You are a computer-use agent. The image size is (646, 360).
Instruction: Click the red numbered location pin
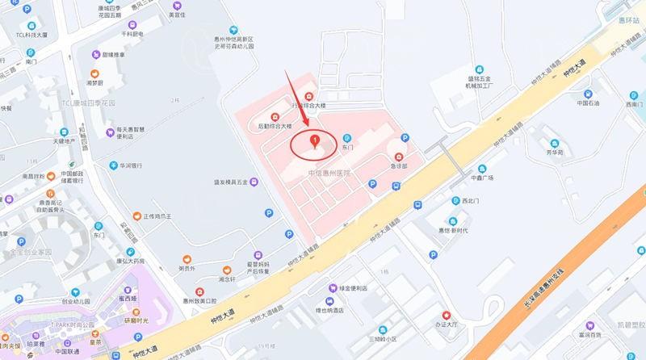[x=315, y=142]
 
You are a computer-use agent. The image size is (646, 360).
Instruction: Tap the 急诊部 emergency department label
[x=399, y=167]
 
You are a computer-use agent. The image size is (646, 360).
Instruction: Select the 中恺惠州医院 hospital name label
[x=329, y=174]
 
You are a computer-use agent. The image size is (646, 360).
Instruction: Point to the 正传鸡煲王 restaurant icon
[x=136, y=216]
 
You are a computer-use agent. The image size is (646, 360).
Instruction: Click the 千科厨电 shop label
[x=132, y=34]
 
